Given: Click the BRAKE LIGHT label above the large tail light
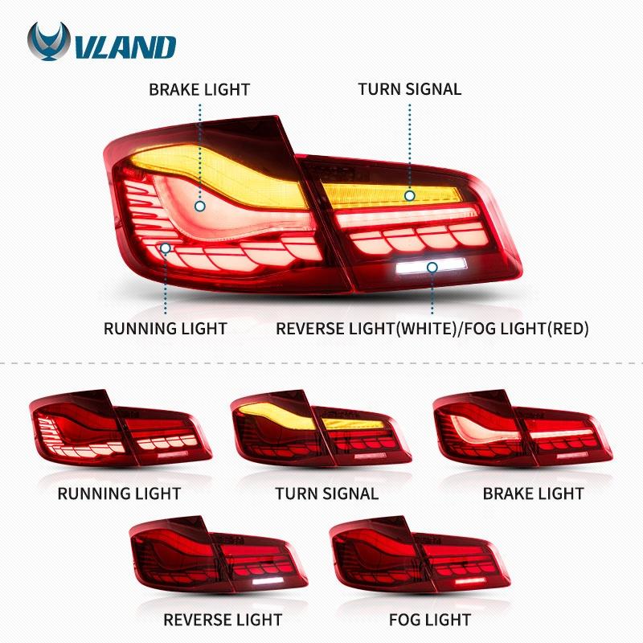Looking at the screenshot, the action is (x=199, y=89).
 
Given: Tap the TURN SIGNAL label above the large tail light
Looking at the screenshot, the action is (x=410, y=89).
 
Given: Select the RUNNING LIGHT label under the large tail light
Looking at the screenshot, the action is (x=166, y=329).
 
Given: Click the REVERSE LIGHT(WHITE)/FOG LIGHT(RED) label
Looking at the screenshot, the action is (x=432, y=329).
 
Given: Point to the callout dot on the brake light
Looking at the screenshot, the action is (x=199, y=207).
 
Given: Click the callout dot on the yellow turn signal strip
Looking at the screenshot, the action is (x=410, y=195).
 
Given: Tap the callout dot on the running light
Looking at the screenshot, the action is (x=166, y=248).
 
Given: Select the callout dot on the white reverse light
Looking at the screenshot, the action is (x=432, y=267).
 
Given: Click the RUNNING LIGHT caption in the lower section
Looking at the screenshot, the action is (x=119, y=494).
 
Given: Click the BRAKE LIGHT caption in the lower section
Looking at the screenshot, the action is (x=534, y=494).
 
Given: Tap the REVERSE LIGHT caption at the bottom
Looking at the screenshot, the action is (x=223, y=620).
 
